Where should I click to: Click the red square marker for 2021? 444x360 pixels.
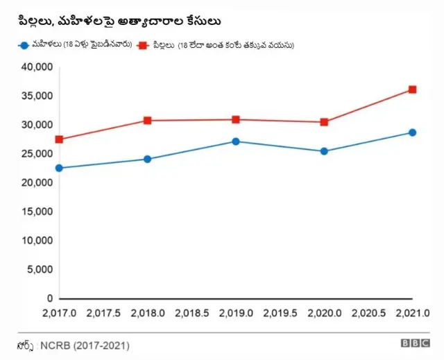412,89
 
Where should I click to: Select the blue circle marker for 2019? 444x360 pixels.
236,142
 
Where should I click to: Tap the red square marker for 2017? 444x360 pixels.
60,139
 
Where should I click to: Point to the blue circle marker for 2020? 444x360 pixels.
324,151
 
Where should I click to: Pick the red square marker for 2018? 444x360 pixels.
148,121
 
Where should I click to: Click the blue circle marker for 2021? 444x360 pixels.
412,132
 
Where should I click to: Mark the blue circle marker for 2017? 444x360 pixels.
60,168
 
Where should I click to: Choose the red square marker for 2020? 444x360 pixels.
324,122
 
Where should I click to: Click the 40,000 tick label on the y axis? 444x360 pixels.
37,67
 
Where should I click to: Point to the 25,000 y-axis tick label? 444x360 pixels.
37,154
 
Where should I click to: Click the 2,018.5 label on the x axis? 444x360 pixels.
191,314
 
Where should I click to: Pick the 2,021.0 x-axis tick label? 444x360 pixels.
411,314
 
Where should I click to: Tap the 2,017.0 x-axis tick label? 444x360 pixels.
60,314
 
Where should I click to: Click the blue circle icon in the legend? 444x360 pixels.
24,45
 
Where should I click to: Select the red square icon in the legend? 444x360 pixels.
143,45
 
